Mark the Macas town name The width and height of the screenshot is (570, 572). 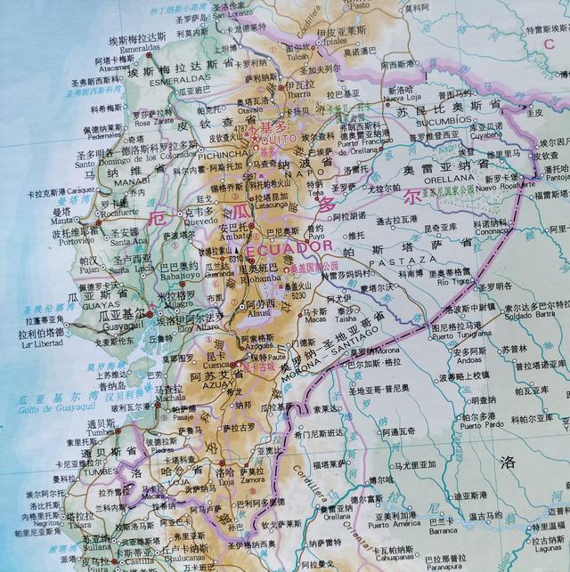click(313, 322)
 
